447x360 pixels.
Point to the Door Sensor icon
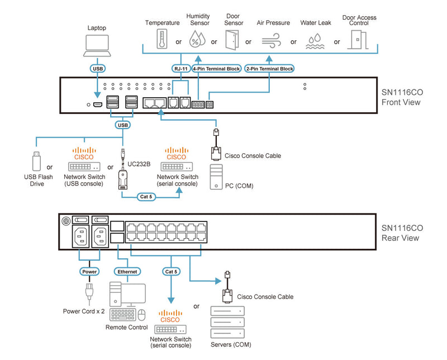(232, 39)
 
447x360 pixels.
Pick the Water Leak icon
(316, 39)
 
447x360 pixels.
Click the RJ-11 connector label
(180, 69)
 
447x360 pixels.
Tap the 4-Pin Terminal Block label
(216, 69)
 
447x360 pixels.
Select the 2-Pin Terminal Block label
(270, 69)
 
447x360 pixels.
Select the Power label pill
(89, 272)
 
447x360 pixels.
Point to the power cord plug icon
(88, 293)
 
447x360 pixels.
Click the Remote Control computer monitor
(133, 294)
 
